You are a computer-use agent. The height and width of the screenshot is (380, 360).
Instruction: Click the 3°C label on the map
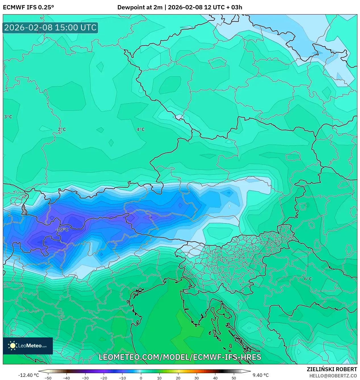(8, 117)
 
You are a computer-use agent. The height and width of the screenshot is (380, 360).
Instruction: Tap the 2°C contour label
(62, 130)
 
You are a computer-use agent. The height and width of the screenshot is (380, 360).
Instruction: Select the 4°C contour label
(140, 130)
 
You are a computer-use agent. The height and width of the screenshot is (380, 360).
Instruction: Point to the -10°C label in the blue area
(62, 229)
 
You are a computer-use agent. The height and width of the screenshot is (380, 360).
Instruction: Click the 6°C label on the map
(308, 279)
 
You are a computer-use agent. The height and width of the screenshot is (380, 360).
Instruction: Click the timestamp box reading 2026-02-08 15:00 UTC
(50, 28)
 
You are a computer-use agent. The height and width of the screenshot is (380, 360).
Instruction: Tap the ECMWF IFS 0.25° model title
(28, 7)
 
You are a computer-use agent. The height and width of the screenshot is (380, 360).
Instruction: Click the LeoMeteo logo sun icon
(13, 346)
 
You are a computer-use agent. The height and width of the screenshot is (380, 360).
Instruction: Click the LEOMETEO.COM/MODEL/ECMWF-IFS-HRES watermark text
(180, 357)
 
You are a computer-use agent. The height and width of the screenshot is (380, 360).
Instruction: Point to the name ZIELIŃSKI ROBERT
(332, 369)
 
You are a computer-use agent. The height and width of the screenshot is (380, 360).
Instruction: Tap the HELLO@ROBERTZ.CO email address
(333, 376)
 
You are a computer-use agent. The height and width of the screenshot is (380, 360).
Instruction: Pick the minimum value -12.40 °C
(28, 375)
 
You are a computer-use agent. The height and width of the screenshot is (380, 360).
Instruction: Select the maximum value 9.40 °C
(260, 375)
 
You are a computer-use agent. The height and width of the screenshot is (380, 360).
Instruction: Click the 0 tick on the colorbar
(141, 378)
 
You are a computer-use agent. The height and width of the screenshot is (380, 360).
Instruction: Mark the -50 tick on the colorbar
(48, 378)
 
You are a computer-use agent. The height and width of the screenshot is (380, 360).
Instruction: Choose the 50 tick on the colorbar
(234, 378)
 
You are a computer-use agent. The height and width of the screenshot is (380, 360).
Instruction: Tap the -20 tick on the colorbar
(104, 378)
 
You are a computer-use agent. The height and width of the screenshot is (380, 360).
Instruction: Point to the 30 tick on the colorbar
(196, 378)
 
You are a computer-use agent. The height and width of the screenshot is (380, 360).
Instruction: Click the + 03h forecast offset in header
(233, 7)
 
